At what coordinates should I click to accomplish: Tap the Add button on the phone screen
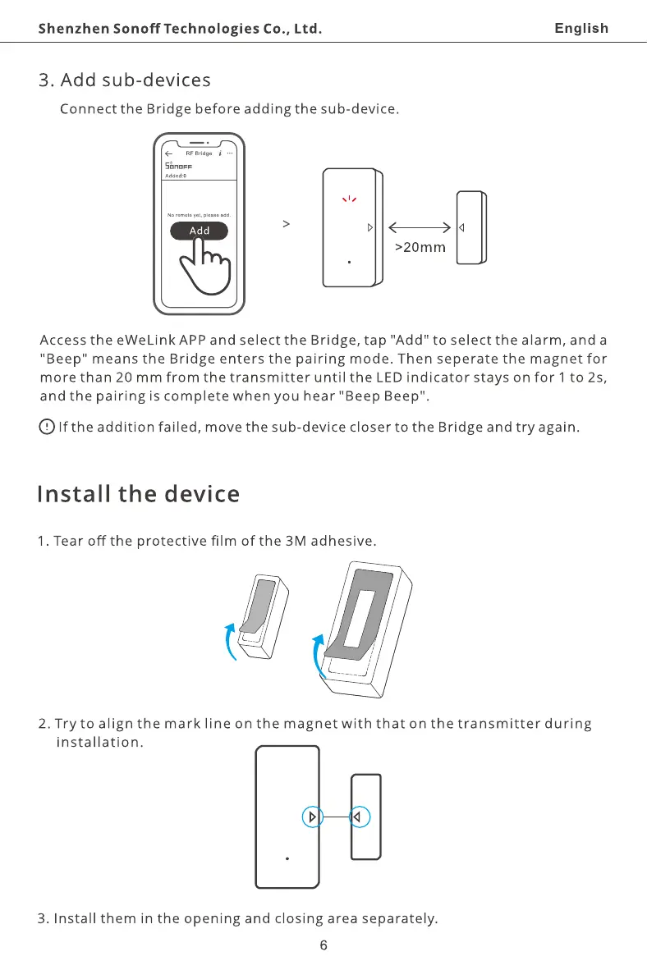(199, 231)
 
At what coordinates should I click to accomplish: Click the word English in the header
(581, 29)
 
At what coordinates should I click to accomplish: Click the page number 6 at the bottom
(323, 945)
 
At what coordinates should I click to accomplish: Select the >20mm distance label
(420, 247)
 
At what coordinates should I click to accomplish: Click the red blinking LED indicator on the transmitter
(351, 199)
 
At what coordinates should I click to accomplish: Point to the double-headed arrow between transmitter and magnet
(419, 227)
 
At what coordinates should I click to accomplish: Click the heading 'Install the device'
(138, 495)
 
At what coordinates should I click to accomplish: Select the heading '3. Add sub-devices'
(125, 80)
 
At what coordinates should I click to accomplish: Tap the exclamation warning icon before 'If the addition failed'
(48, 427)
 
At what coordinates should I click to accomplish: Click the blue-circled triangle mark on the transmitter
(312, 817)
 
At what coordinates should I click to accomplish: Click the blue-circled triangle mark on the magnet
(359, 817)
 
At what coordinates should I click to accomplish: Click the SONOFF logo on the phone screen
(179, 167)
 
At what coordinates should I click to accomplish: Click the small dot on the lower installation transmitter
(287, 858)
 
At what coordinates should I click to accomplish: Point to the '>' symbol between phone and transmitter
(285, 223)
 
